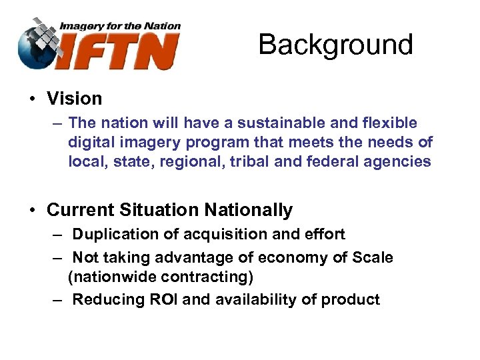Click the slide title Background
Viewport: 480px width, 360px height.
coord(335,45)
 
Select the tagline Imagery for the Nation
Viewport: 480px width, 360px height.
coord(120,26)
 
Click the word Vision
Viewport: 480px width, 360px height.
coord(74,99)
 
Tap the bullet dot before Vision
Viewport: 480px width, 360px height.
coord(31,99)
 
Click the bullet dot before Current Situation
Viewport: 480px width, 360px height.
coord(31,211)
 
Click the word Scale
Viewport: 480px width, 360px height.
coord(372,257)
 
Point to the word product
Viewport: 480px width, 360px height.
coord(350,299)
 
